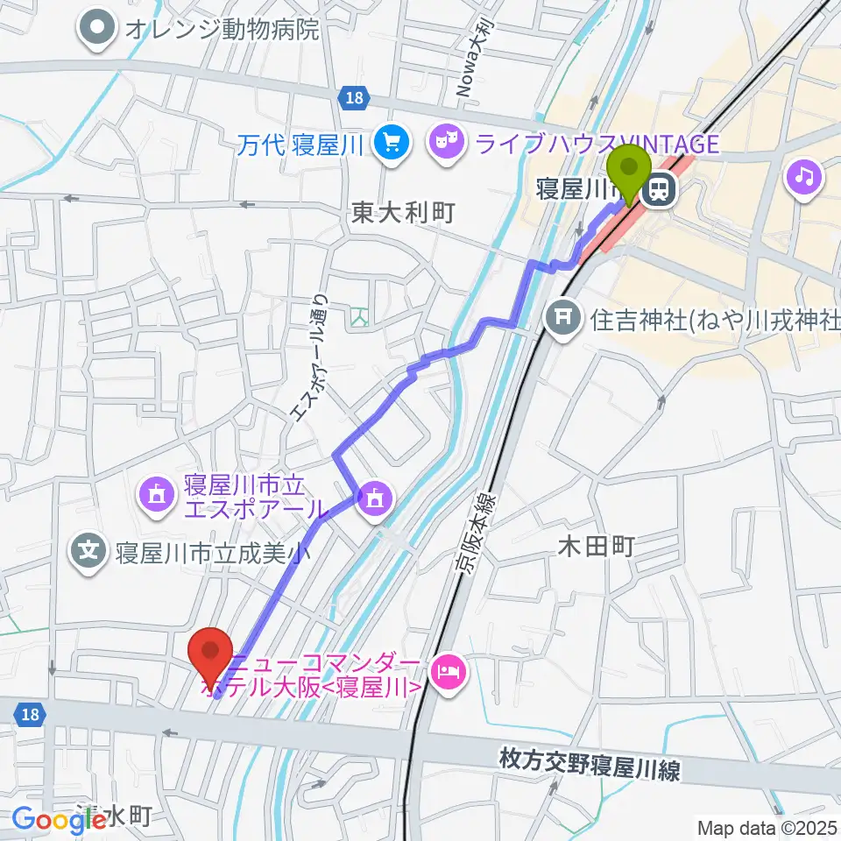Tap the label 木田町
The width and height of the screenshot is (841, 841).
pyautogui.click(x=596, y=548)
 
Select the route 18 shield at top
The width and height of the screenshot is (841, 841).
pyautogui.click(x=354, y=99)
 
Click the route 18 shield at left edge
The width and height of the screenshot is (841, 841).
pyautogui.click(x=29, y=716)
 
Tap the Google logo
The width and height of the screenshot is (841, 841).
pyautogui.click(x=58, y=820)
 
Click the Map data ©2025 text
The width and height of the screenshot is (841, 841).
pyautogui.click(x=766, y=827)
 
